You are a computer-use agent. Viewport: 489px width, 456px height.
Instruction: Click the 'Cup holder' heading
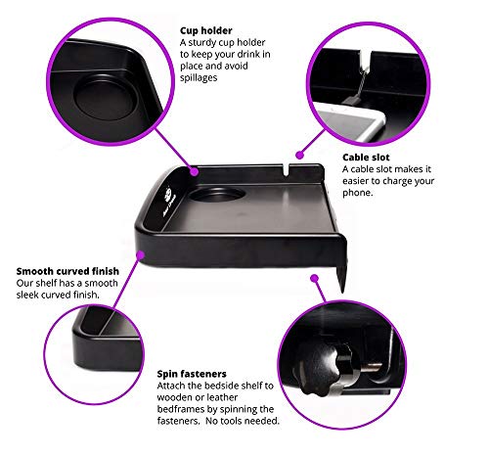click(x=206, y=30)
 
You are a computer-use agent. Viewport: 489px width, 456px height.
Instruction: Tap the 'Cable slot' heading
click(x=366, y=158)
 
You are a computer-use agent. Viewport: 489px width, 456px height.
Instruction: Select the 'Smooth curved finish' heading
click(x=67, y=271)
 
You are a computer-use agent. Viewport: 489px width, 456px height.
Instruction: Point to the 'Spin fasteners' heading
click(x=192, y=374)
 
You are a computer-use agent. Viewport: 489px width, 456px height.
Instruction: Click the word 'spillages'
click(x=199, y=77)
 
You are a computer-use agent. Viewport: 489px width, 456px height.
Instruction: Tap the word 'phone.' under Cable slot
click(x=357, y=193)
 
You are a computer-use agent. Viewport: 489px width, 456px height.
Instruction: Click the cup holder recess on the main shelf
click(x=217, y=194)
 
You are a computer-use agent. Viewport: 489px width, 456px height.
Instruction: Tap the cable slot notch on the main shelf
click(x=286, y=170)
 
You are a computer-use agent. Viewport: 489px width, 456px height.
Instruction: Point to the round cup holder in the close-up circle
click(x=104, y=97)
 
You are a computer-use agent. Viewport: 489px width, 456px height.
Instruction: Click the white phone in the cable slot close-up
click(x=350, y=120)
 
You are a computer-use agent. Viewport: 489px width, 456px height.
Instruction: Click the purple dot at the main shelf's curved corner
click(x=140, y=254)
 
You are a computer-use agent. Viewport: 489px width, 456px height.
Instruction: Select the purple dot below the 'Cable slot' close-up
click(x=299, y=155)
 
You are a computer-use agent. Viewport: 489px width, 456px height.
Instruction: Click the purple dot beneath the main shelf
click(x=314, y=278)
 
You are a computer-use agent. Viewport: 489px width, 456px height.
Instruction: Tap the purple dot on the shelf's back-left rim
click(x=195, y=171)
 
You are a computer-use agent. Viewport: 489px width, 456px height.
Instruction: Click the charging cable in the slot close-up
click(x=360, y=81)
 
